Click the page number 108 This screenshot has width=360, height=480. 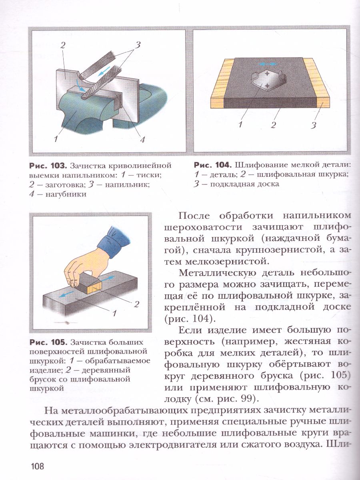pyautogui.click(x=36, y=466)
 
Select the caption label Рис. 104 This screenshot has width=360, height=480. pyautogui.click(x=212, y=165)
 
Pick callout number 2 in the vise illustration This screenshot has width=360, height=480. pyautogui.click(x=63, y=46)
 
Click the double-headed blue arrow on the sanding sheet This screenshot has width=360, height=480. pyautogui.click(x=266, y=64)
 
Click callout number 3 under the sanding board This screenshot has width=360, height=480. pyautogui.click(x=314, y=126)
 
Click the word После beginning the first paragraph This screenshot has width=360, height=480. pyautogui.click(x=195, y=215)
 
